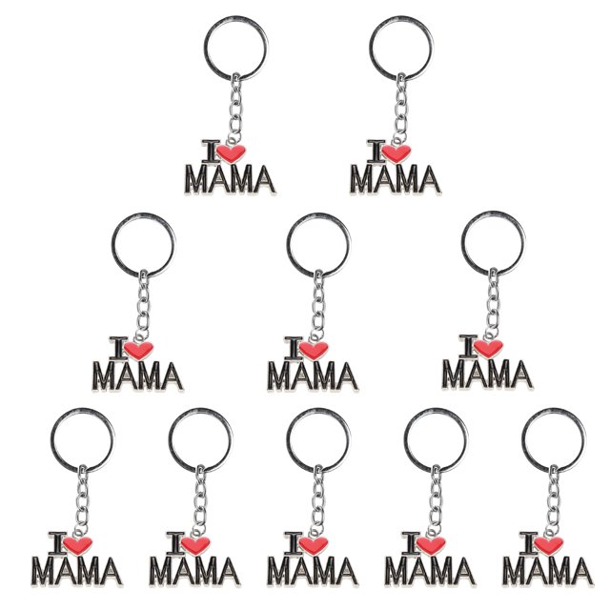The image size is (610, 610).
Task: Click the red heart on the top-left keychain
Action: point(231,153)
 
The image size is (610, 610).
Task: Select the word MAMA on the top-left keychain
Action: point(230,179)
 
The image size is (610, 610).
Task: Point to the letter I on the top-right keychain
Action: point(376,151)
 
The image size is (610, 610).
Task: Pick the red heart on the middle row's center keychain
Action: point(314,350)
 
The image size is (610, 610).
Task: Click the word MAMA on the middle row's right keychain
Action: point(487,375)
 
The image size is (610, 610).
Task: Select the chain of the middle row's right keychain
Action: point(493,303)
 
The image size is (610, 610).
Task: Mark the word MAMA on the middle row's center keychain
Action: point(313,376)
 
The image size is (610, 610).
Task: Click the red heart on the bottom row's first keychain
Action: point(78,545)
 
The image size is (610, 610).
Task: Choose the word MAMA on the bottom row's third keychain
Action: point(313,572)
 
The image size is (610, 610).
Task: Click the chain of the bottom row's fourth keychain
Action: point(436,499)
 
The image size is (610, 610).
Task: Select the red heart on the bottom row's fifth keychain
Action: point(549,545)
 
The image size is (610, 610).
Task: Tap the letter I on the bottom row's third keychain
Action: point(294,543)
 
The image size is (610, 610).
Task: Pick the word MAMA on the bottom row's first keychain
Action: point(77,572)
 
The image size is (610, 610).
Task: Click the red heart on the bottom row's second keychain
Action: point(195,545)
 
